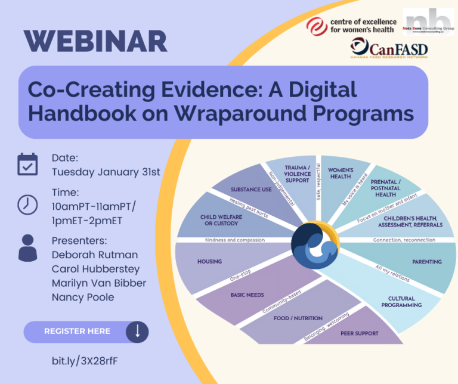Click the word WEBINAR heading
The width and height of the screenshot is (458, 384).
(x=95, y=41)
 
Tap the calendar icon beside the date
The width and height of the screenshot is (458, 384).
(x=27, y=165)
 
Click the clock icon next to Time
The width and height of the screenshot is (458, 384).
(x=27, y=205)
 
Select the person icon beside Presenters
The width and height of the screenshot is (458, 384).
(x=27, y=247)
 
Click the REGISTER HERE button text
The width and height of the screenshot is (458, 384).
(x=77, y=332)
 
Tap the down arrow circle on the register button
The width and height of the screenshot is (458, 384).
(x=137, y=332)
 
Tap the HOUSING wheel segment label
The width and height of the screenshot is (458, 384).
(x=209, y=261)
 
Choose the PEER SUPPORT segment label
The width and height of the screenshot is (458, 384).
(x=359, y=333)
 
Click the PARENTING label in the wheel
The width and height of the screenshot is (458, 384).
(x=426, y=261)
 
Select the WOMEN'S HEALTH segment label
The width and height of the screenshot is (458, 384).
(x=341, y=173)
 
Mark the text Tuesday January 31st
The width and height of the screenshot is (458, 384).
(x=106, y=172)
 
